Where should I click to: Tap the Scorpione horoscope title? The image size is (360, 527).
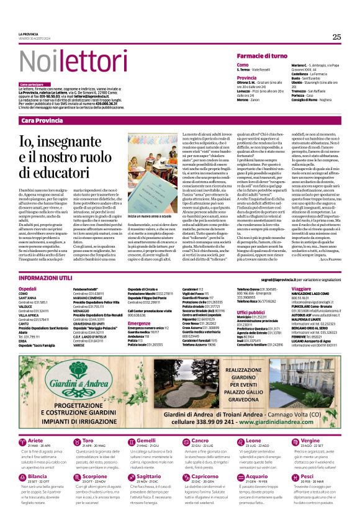95,459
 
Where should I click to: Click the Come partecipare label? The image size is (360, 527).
32,84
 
